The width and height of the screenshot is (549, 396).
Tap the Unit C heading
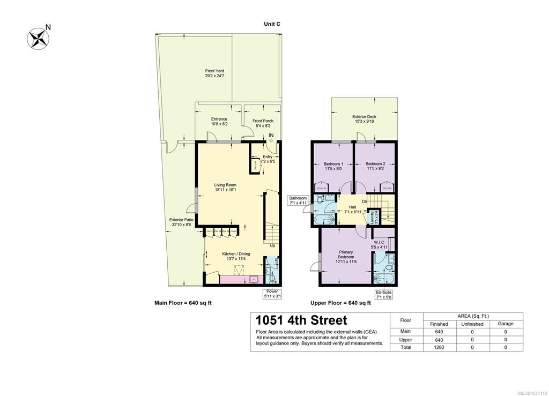pyautogui.click(x=272, y=24)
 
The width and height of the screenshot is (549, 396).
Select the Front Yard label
pyautogui.click(x=214, y=73)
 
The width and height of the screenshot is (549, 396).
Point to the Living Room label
pyautogui.click(x=225, y=187)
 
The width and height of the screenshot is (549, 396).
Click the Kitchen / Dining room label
pyautogui.click(x=236, y=257)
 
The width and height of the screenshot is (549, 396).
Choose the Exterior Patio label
pyautogui.click(x=181, y=222)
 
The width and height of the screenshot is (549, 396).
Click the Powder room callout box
pyautogui.click(x=272, y=293)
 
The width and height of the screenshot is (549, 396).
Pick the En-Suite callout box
pyautogui.click(x=383, y=293)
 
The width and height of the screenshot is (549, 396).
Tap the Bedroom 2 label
pyautogui.click(x=375, y=167)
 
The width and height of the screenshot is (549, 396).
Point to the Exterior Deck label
pyautogui.click(x=364, y=119)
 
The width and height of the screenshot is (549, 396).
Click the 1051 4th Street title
pyautogui.click(x=301, y=320)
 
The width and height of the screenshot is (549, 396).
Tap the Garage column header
pyautogui.click(x=505, y=324)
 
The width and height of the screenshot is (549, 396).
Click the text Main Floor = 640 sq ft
pyautogui.click(x=183, y=303)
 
